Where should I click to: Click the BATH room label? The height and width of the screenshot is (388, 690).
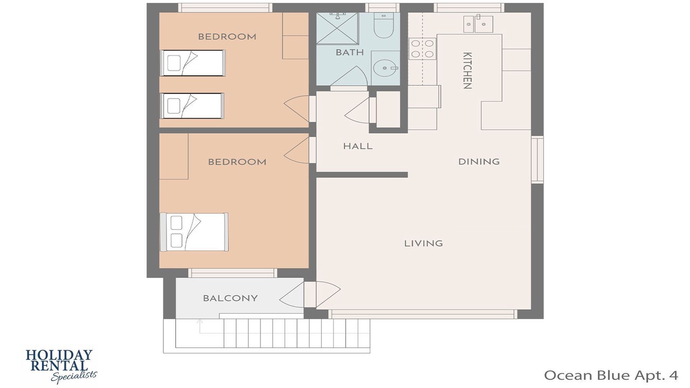pos(350,52)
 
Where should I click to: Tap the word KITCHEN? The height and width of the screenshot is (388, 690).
pos(467,71)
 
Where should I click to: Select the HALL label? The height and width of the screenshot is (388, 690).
pos(358,146)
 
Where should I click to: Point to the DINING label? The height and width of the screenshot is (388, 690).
pos(479,162)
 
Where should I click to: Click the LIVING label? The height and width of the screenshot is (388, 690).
pos(424,244)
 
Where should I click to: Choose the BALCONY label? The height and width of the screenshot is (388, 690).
pos(230,298)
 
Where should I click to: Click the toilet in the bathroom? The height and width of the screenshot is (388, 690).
pos(383,25)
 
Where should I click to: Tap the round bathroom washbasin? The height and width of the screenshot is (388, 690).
pos(385,68)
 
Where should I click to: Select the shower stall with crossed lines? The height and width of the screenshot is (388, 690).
pos(337,28)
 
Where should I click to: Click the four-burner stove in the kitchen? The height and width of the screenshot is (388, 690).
pos(422,48)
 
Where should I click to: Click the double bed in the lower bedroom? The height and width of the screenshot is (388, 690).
pos(194,232)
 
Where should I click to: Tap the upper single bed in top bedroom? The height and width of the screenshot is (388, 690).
pos(193,63)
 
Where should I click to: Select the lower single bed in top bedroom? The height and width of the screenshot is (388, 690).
pos(192,106)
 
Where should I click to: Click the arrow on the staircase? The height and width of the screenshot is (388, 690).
pos(200,327)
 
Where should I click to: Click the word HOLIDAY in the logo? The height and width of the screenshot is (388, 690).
pos(59,355)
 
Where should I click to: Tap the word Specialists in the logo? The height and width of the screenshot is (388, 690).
pos(74,376)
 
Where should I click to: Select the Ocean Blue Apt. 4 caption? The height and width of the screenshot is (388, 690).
pos(611,376)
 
